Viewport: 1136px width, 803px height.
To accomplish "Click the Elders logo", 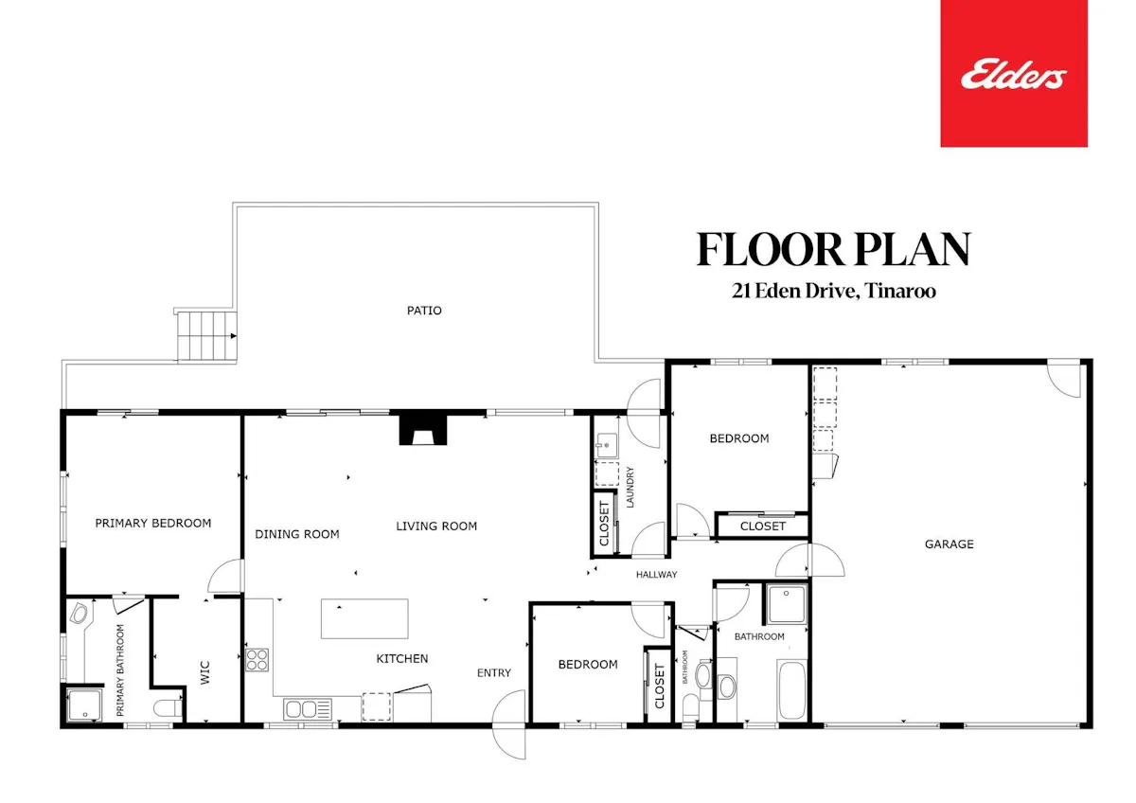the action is [x=1014, y=74].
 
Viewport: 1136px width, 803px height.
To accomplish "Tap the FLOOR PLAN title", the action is [x=834, y=250].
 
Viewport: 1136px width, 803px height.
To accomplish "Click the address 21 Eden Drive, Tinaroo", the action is [x=834, y=291].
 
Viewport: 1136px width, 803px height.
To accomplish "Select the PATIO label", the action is [x=424, y=311].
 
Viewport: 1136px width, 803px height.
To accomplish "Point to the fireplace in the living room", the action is [x=423, y=430].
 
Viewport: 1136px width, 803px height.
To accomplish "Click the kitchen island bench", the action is [x=364, y=618].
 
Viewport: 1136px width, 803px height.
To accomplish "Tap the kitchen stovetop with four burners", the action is [x=257, y=659].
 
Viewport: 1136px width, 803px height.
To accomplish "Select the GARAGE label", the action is [x=950, y=544].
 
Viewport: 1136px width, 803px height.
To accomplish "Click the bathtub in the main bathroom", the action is [x=792, y=689].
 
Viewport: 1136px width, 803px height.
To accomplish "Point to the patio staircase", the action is [x=207, y=336].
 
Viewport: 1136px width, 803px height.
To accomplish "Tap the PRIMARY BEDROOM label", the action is [x=153, y=523].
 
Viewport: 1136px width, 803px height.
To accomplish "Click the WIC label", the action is [x=204, y=672].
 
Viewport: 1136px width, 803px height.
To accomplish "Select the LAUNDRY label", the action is [x=630, y=487].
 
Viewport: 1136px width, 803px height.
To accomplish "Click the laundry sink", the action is [x=606, y=446].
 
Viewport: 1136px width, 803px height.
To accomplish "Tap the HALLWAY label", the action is [x=657, y=575].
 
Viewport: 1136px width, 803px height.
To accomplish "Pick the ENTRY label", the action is [x=494, y=673].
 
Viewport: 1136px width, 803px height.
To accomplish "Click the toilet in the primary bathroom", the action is [x=168, y=708].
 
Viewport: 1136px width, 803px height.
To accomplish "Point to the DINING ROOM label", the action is [x=297, y=534].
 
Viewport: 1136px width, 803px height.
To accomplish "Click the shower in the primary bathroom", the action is [x=84, y=705].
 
